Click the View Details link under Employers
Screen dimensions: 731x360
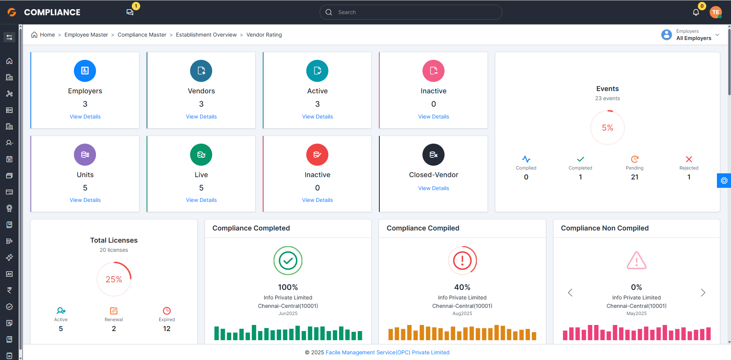[85, 117]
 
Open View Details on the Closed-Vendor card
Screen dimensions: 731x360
[433, 188]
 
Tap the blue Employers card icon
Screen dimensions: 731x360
[85, 71]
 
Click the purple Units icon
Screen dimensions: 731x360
[85, 155]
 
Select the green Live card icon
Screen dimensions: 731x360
[201, 155]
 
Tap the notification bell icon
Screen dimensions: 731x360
[696, 12]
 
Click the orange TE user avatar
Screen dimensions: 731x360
[716, 12]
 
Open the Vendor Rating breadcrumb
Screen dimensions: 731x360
[264, 35]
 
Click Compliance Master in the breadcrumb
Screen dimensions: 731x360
[142, 35]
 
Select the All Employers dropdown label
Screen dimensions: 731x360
[694, 38]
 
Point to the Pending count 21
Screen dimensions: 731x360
[635, 177]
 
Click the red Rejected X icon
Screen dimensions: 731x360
[689, 159]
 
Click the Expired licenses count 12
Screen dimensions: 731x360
[167, 328]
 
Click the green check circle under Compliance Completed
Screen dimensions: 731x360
[288, 261]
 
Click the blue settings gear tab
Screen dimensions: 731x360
[724, 181]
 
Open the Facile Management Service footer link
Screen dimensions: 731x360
[387, 352]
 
